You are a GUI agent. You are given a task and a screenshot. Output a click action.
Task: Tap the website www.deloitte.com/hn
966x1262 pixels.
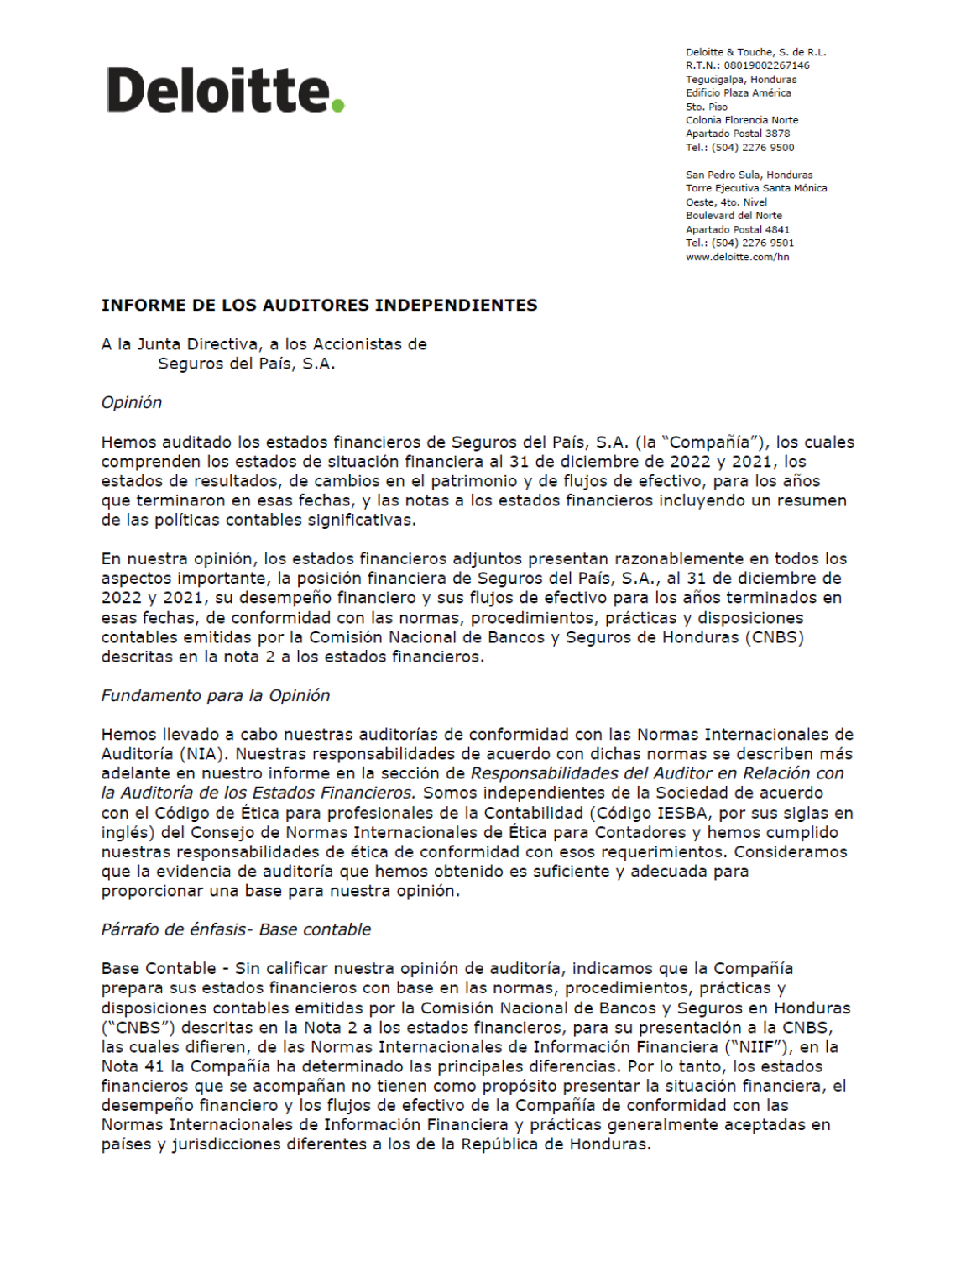(737, 257)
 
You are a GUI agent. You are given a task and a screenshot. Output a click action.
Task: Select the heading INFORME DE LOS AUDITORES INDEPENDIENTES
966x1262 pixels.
(319, 306)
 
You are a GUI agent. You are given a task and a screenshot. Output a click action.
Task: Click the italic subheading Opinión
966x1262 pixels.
(132, 403)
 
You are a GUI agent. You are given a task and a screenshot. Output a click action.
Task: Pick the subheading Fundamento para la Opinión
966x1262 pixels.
(216, 696)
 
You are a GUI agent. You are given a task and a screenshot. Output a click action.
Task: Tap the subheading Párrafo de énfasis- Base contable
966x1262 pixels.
(236, 930)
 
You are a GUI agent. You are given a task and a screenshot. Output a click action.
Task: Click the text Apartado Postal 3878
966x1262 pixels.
(738, 134)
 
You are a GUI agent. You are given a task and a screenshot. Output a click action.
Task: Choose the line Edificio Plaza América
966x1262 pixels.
(739, 93)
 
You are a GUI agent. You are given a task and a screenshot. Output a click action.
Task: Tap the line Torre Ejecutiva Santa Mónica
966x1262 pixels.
(756, 189)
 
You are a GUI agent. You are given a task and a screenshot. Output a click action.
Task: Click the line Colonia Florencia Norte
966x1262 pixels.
(742, 120)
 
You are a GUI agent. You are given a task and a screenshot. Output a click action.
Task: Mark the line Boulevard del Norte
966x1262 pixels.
(734, 216)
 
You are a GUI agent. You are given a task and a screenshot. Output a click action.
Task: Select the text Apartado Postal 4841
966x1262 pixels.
(738, 230)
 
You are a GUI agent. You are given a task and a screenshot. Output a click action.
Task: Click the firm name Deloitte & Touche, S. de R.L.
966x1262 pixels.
(755, 52)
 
